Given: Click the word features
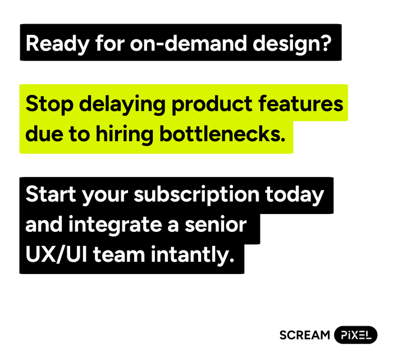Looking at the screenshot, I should coord(303,104).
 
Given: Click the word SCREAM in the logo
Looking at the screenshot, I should coord(305,335).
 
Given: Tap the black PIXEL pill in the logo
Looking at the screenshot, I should coord(355,335).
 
